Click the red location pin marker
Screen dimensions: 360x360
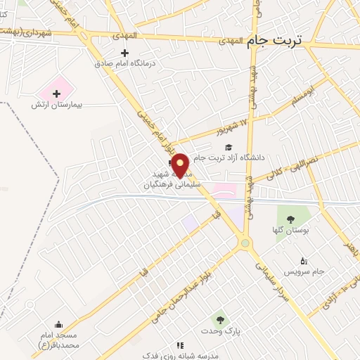tap(181, 164)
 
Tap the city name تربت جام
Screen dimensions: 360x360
tap(274, 41)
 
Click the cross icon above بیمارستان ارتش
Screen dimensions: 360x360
tap(57, 94)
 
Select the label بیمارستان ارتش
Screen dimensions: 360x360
tap(57, 105)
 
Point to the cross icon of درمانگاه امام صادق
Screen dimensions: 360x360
tap(124, 53)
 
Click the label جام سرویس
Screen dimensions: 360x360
tap(303, 271)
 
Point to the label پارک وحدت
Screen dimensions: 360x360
tap(226, 330)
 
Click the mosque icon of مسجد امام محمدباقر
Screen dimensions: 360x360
tap(58, 325)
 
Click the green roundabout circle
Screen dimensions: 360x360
tap(245, 243)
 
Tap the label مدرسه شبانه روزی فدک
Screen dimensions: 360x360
tap(211, 352)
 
